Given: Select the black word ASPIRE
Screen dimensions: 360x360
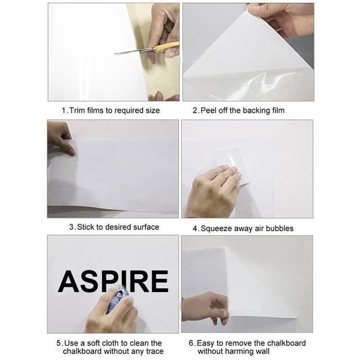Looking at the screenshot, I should coord(113,282).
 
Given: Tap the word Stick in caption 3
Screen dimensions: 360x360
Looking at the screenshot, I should coord(86,227).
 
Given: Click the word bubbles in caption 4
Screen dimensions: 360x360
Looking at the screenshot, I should coord(279,229).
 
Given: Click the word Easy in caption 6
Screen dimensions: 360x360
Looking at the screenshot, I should coord(207,343).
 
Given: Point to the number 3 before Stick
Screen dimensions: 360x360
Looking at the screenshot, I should coord(72,227).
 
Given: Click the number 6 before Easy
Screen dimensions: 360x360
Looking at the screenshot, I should coord(192,343).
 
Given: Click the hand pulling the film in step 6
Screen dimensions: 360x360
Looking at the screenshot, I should coord(205,306).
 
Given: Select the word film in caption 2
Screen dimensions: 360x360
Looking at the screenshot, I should coord(276,110).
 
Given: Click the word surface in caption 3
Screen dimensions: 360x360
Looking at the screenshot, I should coord(146,227).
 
